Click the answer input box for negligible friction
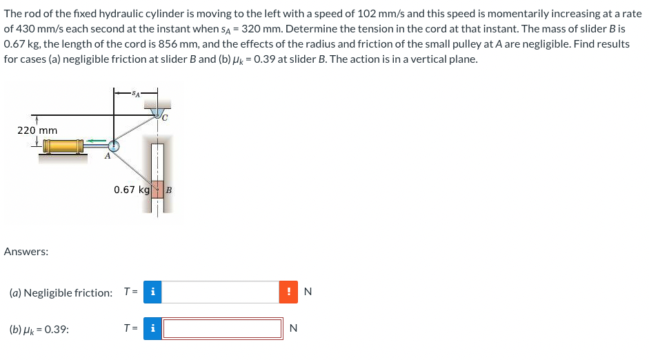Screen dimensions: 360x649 221,292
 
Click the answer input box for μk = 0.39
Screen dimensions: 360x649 223,328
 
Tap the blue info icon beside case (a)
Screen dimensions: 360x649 152,292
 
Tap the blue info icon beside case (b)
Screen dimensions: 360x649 152,328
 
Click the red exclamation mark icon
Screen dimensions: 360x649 289,292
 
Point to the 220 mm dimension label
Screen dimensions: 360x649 37,130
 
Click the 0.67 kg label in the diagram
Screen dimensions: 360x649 132,190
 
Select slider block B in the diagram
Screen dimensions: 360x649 157,189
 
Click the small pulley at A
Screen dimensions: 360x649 114,146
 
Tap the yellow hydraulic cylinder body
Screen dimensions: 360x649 61,146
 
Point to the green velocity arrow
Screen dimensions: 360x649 97,142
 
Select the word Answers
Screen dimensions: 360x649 26,252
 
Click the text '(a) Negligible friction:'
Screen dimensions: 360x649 61,292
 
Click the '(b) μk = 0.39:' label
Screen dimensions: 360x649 39,329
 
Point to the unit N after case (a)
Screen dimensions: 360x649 308,292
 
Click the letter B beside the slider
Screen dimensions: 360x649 169,189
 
